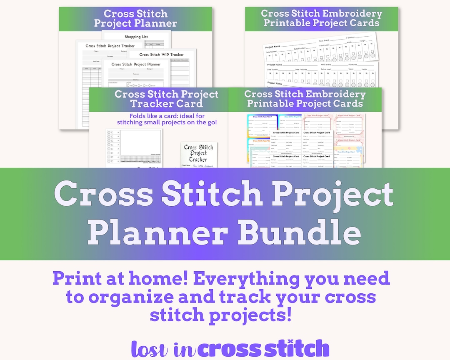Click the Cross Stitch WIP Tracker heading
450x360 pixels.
point(161,55)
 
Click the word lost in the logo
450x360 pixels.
point(150,348)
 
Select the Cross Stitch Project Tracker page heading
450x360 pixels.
point(110,46)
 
